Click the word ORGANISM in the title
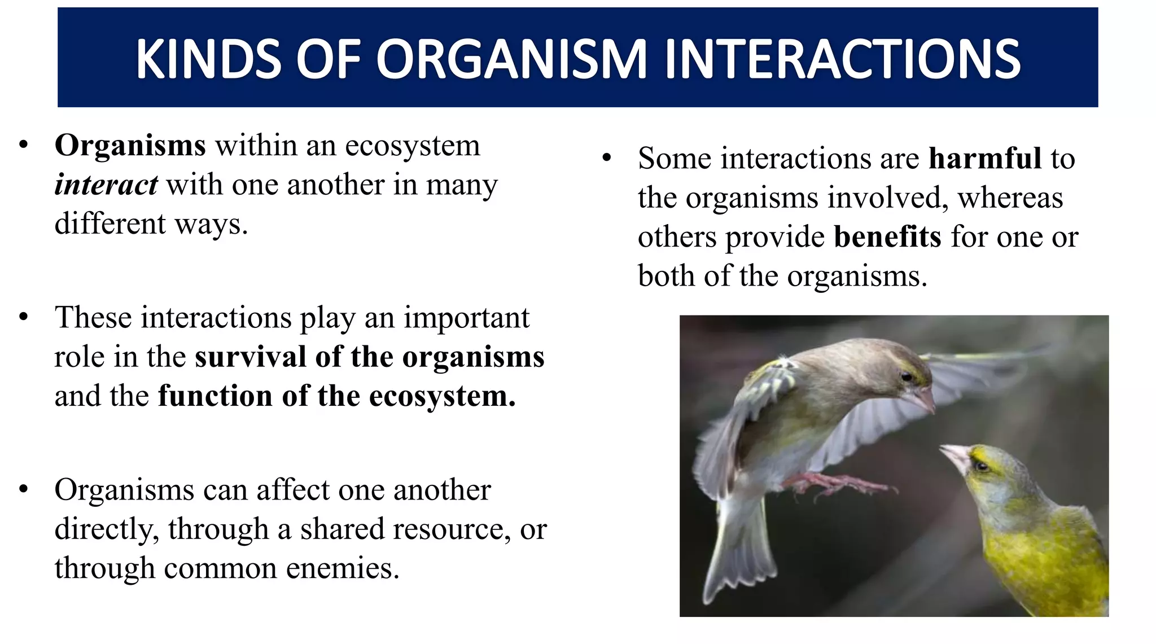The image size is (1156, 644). pyautogui.click(x=511, y=59)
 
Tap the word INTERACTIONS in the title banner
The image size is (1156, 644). pyautogui.click(x=843, y=59)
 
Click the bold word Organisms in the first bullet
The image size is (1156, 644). pyautogui.click(x=130, y=146)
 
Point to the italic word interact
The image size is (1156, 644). pyautogui.click(x=106, y=185)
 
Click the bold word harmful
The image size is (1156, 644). pyautogui.click(x=985, y=159)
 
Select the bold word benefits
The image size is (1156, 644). pyautogui.click(x=887, y=237)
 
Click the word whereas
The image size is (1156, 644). pyautogui.click(x=1010, y=198)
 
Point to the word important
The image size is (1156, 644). pyautogui.click(x=466, y=318)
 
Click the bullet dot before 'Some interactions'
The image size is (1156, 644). pyautogui.click(x=607, y=158)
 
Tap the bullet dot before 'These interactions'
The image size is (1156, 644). pyautogui.click(x=23, y=317)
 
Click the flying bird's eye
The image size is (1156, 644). pyautogui.click(x=906, y=376)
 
